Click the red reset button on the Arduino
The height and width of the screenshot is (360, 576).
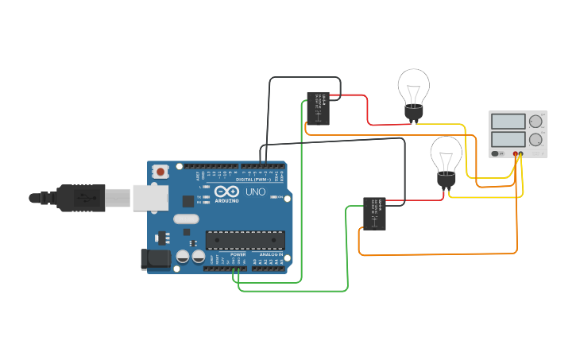161,171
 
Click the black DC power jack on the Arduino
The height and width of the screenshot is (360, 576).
153,258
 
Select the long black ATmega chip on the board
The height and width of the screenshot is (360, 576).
245,239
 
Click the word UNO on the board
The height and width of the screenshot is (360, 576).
255,192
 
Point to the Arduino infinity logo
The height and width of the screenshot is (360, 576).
226,192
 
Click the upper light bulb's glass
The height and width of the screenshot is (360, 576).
413,84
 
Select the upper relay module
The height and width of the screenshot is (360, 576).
318,108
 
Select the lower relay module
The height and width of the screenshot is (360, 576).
374,214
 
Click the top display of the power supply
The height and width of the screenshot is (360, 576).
508,122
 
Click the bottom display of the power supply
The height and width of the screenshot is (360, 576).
508,139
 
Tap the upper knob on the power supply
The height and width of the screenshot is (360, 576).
536,122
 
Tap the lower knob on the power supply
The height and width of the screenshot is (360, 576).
536,139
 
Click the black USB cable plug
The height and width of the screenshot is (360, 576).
79,197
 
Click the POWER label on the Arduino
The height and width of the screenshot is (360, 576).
238,255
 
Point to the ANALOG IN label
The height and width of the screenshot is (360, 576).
270,255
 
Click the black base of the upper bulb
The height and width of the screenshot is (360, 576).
413,114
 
